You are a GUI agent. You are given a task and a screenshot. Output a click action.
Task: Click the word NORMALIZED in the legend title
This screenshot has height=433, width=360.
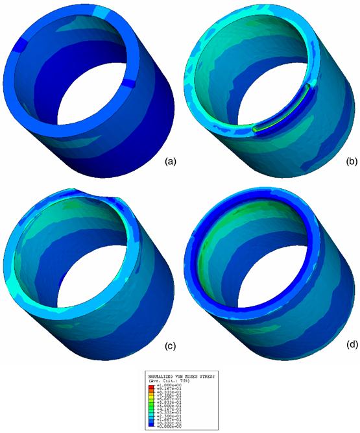(x=165, y=377)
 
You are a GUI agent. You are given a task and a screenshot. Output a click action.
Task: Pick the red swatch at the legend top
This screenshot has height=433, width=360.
(x=153, y=386)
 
